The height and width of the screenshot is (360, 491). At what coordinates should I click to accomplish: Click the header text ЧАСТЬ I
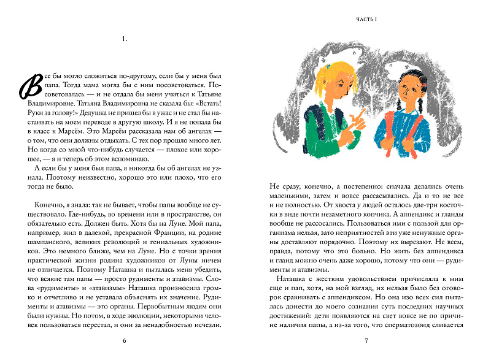pos(366,21)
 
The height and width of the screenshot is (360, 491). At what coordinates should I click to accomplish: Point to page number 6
pos(125,340)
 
